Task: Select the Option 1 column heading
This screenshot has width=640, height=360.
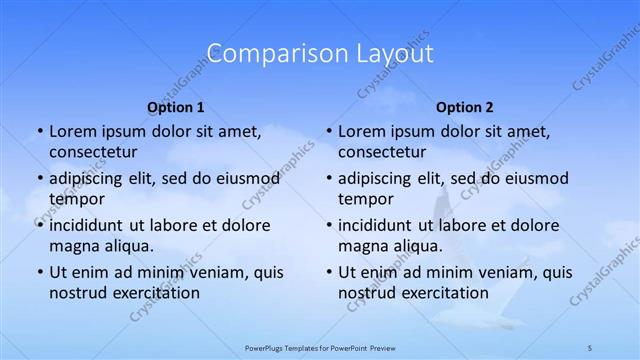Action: point(176,107)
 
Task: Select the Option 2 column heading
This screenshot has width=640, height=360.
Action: point(465,107)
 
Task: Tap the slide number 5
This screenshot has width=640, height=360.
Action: point(590,347)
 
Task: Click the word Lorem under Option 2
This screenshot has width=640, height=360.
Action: point(362,131)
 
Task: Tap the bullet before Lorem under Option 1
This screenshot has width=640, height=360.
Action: point(39,131)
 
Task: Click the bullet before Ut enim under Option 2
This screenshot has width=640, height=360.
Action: point(328,272)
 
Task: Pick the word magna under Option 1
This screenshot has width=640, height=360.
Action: point(74,245)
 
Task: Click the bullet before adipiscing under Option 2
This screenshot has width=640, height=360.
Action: point(328,179)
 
